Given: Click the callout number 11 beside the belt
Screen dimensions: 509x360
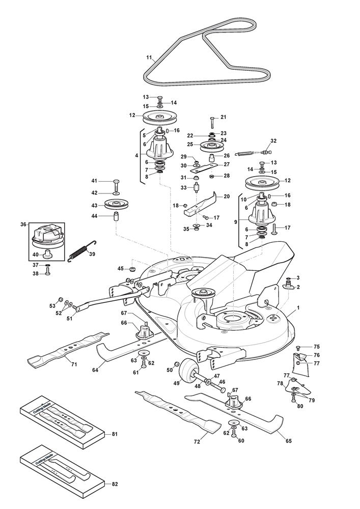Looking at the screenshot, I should pos(149,59).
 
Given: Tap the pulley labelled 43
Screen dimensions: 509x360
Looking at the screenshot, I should pos(117,205).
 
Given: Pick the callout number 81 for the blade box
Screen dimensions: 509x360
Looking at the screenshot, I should pos(115,434).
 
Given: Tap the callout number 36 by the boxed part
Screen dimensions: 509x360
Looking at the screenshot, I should pos(23,224).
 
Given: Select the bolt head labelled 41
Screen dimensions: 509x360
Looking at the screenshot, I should pos(116,182).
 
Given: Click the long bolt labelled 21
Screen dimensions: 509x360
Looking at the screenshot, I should pos(211,122).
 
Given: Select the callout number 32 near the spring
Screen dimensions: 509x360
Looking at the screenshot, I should pos(273,140).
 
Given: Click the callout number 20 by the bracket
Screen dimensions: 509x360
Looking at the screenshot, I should pos(227,196).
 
